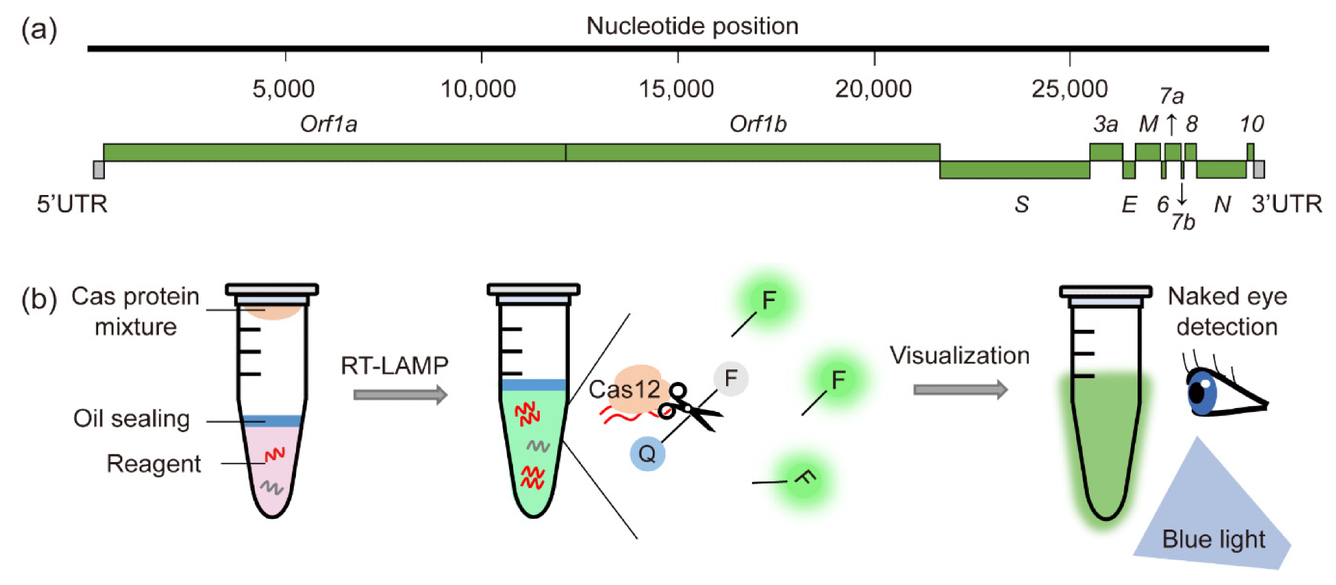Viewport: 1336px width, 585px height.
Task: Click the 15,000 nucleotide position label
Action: [x=676, y=88]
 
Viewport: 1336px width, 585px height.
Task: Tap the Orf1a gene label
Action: [x=328, y=124]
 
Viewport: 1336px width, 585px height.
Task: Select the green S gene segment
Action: [x=1014, y=170]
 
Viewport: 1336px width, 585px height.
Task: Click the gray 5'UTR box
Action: [x=98, y=170]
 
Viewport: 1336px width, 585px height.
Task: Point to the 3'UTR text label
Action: [x=1287, y=204]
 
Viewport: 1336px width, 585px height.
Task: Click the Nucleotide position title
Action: [x=692, y=26]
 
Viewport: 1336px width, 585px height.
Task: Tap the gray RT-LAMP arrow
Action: [x=400, y=395]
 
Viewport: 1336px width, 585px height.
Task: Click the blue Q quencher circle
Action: [x=647, y=454]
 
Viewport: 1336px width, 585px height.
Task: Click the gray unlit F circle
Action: [x=731, y=378]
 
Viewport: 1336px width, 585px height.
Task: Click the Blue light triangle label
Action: [x=1213, y=539]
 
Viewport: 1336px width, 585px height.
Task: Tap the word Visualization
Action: [x=959, y=355]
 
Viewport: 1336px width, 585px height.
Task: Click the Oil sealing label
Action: [x=132, y=419]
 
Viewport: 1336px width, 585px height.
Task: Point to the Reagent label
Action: [x=154, y=463]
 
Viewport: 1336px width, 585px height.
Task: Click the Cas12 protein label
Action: [x=624, y=389]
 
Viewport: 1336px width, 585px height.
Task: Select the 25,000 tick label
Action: [x=1069, y=88]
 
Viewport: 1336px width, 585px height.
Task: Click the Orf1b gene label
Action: [x=758, y=124]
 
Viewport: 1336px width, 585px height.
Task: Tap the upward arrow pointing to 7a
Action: [x=1171, y=124]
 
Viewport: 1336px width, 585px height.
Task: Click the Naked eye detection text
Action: [x=1227, y=311]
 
